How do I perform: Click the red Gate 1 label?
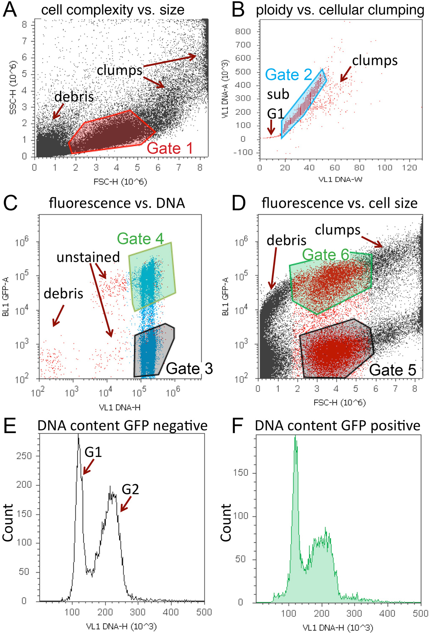170,148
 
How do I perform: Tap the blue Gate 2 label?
289,75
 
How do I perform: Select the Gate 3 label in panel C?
189,368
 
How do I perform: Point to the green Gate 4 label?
140,239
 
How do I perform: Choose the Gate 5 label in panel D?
393,370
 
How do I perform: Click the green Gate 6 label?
325,254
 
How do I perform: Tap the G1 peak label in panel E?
93,452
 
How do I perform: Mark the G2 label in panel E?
130,489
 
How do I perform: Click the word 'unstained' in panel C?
88,257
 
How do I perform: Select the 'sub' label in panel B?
278,94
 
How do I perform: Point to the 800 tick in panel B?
243,31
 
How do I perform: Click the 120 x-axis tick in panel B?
409,168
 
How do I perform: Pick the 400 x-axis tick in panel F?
387,614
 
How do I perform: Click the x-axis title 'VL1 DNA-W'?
340,179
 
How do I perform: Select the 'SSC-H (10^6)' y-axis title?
13,87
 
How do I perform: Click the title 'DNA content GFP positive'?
337,426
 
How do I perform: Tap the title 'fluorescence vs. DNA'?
117,203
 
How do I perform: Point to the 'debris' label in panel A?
74,97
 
